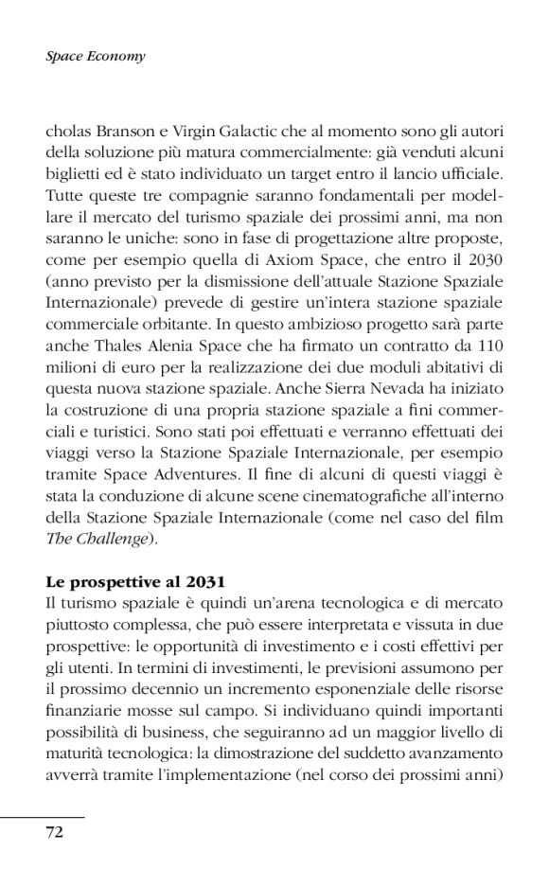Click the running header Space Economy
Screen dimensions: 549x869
(x=95, y=57)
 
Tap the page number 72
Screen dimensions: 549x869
(x=54, y=832)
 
